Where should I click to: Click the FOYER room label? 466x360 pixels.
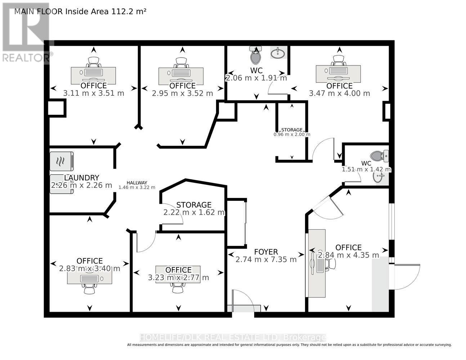pos(266,252)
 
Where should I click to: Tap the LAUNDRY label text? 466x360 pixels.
pos(82,177)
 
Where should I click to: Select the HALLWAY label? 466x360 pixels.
pos(137,183)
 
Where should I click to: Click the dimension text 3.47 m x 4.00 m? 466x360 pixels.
pos(339,94)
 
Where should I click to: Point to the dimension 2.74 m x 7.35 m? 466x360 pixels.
pos(266,260)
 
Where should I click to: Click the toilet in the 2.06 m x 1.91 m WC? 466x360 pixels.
pos(255,55)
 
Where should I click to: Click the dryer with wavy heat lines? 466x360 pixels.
pos(62,161)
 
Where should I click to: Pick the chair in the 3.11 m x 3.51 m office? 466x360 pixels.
pos(94,62)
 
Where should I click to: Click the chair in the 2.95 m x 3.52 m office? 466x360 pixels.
pos(182,63)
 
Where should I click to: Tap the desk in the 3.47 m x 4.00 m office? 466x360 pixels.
pos(338,74)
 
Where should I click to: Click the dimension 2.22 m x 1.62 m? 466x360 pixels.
pos(194,212)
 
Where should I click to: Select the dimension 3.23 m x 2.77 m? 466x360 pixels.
pos(178,278)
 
